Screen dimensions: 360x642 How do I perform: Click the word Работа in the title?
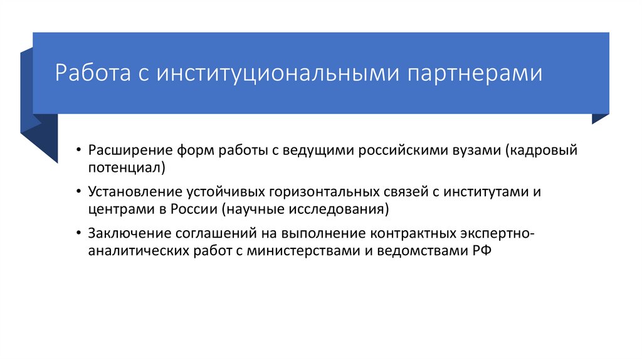click(x=92, y=72)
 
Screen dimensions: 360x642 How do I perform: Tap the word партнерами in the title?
click(x=476, y=72)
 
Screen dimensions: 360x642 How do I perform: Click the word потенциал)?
click(x=127, y=167)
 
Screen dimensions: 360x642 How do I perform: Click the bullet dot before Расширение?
click(x=77, y=151)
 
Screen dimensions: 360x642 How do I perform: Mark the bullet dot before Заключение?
click(x=77, y=233)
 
